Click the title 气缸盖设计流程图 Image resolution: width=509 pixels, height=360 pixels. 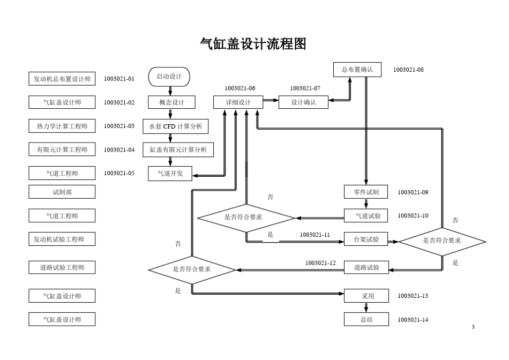253,44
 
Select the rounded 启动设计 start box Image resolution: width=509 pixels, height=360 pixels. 169,77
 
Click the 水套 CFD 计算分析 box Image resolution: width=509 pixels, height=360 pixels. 176,126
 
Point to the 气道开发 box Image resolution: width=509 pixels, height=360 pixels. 170,174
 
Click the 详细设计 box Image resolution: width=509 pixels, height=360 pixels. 238,102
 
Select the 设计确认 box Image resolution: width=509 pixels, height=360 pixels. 303,102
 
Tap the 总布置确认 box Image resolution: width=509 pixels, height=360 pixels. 357,70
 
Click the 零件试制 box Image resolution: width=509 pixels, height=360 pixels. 366,192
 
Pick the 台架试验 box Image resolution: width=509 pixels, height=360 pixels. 366,241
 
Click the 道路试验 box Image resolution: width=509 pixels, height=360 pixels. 366,267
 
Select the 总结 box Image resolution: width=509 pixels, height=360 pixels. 366,319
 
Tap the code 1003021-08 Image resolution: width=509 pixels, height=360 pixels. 408,70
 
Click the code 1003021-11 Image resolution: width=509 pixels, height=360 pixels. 315,235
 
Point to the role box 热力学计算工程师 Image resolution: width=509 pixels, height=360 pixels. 62,126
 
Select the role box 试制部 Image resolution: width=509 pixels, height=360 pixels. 62,192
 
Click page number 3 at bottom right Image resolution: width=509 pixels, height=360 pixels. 473,327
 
